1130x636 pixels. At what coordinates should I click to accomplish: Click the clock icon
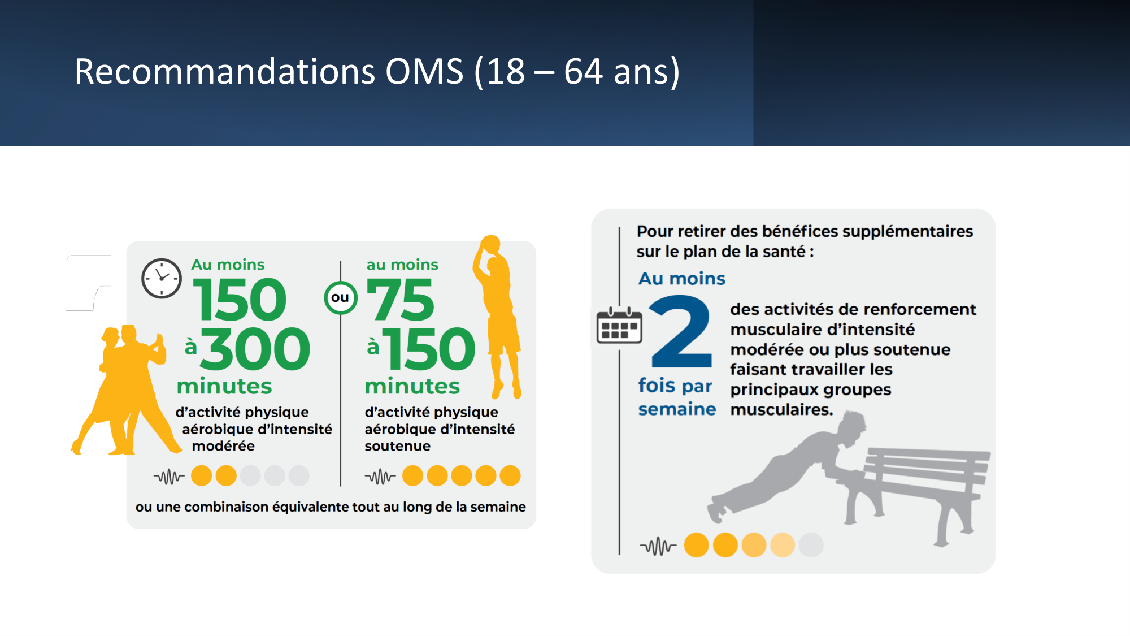[x=162, y=278]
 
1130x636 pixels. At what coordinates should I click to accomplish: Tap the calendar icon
[x=619, y=326]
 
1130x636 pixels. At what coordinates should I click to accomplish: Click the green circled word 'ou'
[x=340, y=297]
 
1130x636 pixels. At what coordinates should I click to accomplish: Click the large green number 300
[x=255, y=349]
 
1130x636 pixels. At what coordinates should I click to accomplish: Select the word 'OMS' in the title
[x=424, y=72]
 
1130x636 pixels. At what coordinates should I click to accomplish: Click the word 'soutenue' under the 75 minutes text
[x=397, y=446]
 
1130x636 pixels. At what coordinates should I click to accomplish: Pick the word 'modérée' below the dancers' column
[x=223, y=446]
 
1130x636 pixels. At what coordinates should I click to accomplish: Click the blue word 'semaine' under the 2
[x=677, y=409]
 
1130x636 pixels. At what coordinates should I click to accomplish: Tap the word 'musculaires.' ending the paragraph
[x=781, y=409]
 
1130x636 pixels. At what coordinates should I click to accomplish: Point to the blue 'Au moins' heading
[x=681, y=278]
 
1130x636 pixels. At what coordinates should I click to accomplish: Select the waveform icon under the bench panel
[x=658, y=546]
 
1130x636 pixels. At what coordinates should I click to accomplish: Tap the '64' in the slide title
[x=583, y=72]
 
